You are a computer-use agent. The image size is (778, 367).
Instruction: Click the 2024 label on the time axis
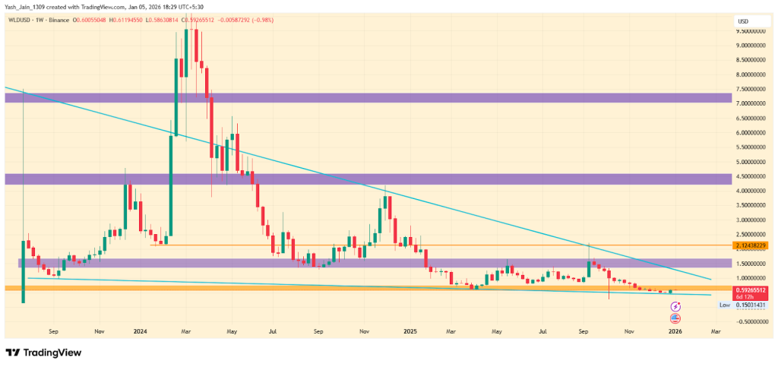(x=139, y=331)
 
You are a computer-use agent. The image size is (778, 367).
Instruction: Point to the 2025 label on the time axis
(x=410, y=331)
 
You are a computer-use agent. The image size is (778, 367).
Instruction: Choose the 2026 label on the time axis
(x=674, y=331)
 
